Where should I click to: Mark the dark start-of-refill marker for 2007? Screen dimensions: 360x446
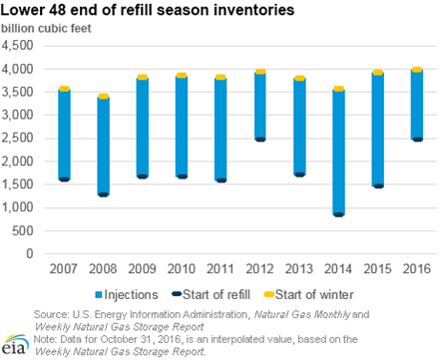click(x=64, y=180)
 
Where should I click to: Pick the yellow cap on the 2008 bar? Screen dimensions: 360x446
click(x=103, y=97)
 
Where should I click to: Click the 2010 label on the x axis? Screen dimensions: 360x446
click(x=182, y=268)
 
